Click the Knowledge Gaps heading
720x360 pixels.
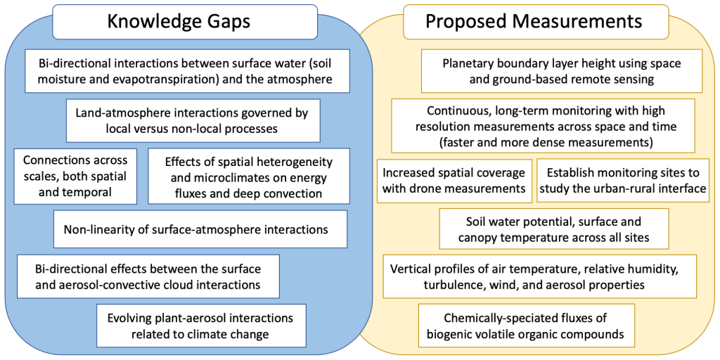click(x=179, y=21)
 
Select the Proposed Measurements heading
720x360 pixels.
click(x=533, y=21)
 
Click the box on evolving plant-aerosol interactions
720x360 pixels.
click(x=200, y=326)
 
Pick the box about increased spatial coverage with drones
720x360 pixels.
click(x=454, y=181)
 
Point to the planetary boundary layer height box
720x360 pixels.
click(x=562, y=71)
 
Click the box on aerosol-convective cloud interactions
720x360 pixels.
click(x=148, y=276)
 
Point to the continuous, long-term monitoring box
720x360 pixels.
click(x=542, y=126)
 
